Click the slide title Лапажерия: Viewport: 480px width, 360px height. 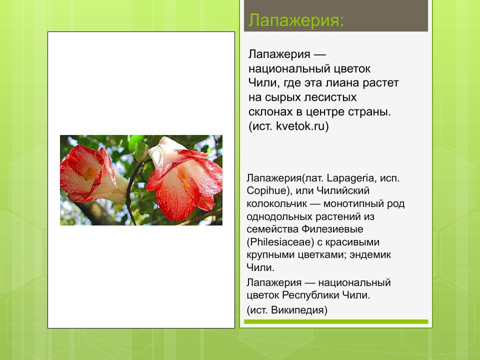[296, 21]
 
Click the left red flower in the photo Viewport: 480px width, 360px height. [90, 172]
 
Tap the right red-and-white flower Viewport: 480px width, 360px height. [185, 180]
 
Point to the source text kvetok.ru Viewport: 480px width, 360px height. [302, 126]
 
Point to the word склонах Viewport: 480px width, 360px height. [268, 112]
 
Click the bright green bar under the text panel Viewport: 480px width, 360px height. [336, 322]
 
